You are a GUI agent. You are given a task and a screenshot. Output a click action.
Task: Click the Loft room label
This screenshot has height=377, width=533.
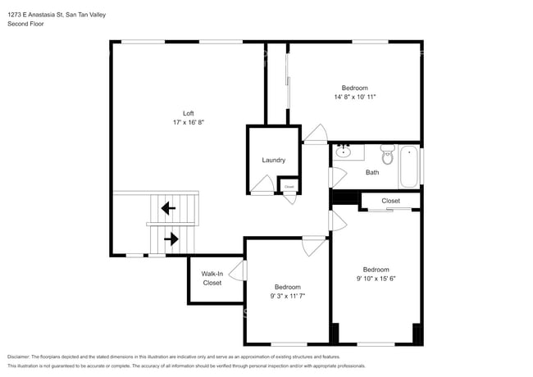coord(188,113)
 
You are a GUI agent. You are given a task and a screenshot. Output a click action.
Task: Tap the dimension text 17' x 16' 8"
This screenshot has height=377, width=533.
coord(188,122)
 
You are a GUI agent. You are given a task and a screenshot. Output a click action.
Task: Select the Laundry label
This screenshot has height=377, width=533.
coord(273,160)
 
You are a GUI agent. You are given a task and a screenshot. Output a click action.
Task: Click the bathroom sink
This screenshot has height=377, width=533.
coord(345,152)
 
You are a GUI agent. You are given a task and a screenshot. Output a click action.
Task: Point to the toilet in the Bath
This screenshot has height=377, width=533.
coord(388,154)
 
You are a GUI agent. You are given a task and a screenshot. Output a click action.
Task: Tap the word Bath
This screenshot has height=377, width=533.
coord(372,172)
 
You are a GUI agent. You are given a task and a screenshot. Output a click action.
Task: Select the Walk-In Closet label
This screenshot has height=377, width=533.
coord(212,279)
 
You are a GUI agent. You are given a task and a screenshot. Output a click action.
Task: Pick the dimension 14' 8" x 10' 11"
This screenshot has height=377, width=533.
coord(354,97)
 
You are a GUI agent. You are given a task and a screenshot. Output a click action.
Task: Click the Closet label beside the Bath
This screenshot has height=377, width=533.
coord(390,200)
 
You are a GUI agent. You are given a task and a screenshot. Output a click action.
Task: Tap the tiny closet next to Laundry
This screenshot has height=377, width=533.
coord(289,187)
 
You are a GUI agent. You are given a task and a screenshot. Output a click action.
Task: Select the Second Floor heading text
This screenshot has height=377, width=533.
coord(25,24)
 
